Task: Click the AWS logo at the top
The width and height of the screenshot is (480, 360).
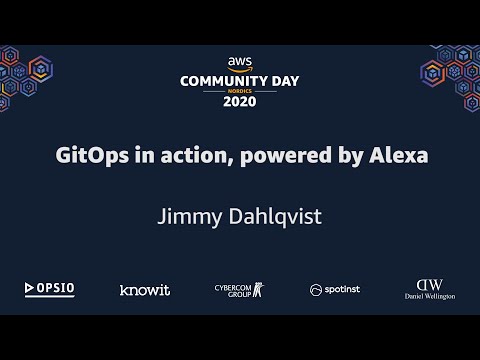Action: pos(239,61)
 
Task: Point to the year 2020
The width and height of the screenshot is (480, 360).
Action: pos(239,101)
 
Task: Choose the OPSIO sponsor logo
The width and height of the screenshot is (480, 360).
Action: pos(50,289)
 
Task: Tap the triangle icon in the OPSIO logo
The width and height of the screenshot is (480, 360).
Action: pos(30,289)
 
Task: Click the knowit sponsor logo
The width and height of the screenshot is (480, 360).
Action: pos(144,290)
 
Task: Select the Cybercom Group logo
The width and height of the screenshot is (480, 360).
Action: pos(239,289)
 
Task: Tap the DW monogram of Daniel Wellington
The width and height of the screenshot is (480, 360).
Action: pos(429,284)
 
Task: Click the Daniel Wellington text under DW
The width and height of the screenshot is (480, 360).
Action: pos(429,297)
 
